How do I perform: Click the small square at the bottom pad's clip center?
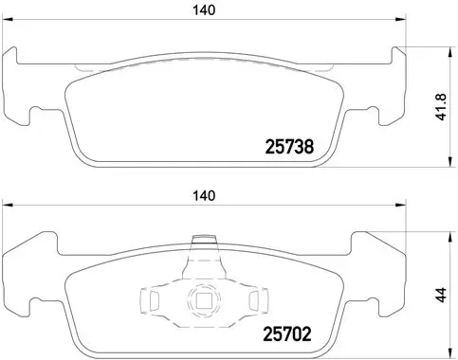point(202,304)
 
